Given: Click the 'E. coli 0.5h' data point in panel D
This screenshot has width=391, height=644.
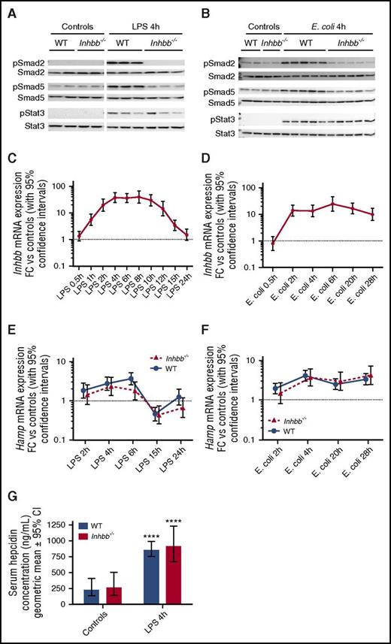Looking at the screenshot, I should point(274,244).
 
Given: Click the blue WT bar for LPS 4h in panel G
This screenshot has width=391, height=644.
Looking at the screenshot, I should point(151,573).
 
